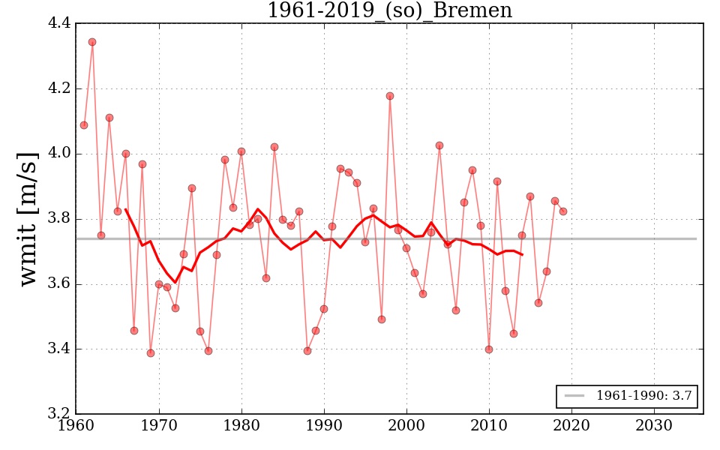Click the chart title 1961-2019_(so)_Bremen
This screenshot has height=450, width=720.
point(389,11)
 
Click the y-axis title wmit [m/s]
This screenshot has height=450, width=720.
point(28,218)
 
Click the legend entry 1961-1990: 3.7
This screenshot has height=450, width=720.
point(627,396)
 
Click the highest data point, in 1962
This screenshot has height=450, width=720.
point(92,42)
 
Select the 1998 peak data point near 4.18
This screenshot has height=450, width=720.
point(390,96)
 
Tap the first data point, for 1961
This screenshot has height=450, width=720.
point(84,125)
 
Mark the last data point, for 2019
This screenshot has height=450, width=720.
point(563,211)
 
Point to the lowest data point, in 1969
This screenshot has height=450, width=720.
point(151,353)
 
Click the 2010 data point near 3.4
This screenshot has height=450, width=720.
point(489,349)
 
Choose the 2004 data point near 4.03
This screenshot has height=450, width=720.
point(439,145)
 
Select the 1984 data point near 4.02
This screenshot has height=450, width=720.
point(274,147)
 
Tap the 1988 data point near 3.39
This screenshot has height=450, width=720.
point(307,351)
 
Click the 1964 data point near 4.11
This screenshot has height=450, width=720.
point(109,118)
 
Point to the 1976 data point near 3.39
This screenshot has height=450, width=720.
point(208,351)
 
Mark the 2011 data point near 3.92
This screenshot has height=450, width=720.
point(497,181)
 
